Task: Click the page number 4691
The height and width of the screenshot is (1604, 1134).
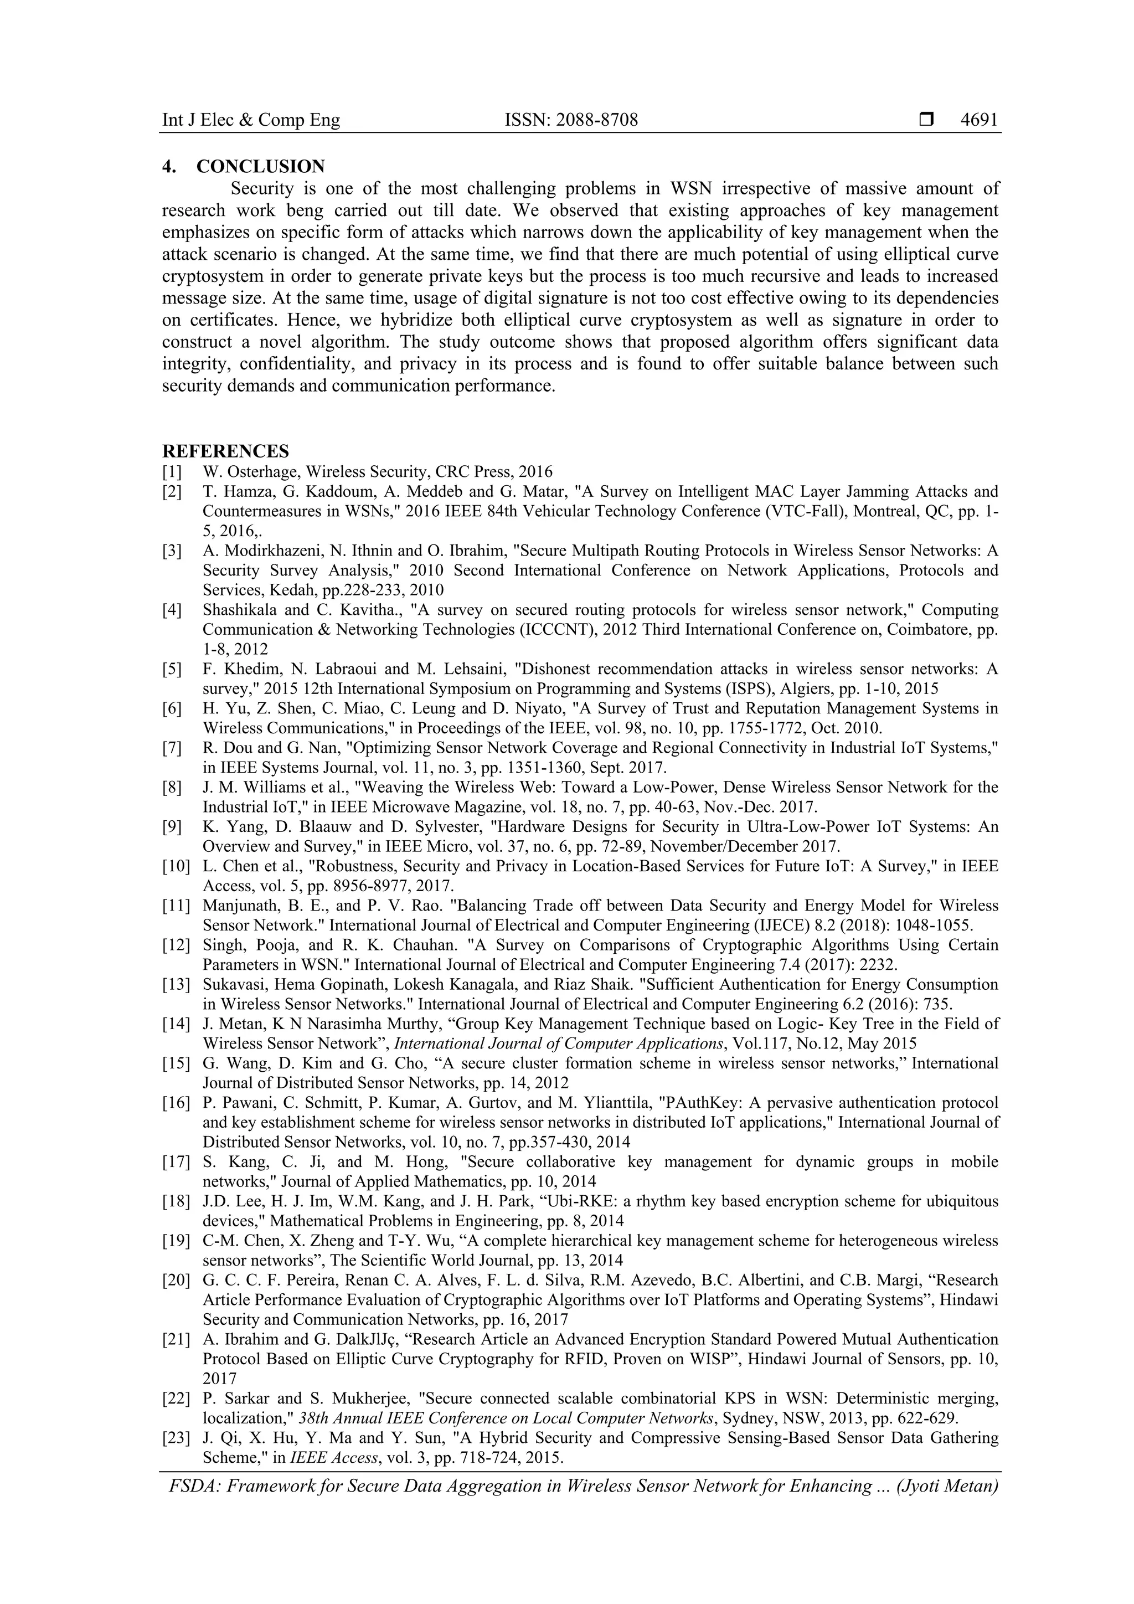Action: (x=979, y=120)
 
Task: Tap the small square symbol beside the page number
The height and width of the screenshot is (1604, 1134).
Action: (x=926, y=120)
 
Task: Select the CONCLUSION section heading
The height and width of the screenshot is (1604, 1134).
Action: (x=260, y=166)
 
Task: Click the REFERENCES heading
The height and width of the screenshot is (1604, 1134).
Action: (x=225, y=451)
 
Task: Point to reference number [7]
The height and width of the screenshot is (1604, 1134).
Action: (x=172, y=748)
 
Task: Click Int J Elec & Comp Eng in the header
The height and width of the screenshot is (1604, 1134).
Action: (x=251, y=120)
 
